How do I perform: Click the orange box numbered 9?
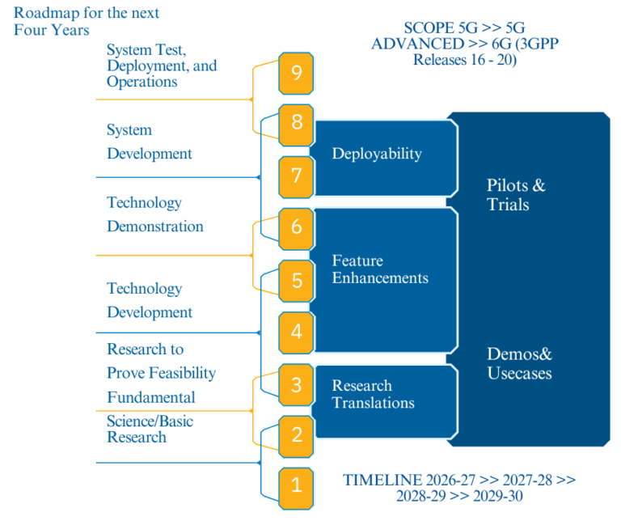[297, 74]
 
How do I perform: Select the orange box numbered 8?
[297, 124]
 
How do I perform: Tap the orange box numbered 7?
[297, 176]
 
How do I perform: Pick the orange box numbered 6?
[297, 227]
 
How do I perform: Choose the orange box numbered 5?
[297, 280]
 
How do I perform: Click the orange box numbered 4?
[297, 331]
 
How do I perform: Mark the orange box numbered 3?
[297, 384]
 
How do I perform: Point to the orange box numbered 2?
[297, 435]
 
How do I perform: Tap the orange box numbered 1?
[297, 485]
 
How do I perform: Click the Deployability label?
[377, 154]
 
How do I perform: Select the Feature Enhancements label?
[380, 269]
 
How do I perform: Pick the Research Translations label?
[373, 394]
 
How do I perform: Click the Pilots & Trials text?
[516, 195]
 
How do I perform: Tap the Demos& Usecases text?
[519, 363]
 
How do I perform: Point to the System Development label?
[150, 142]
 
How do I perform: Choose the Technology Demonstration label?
[155, 214]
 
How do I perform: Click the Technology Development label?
[150, 300]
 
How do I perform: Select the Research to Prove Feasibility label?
[161, 361]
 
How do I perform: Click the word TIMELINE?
[382, 480]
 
